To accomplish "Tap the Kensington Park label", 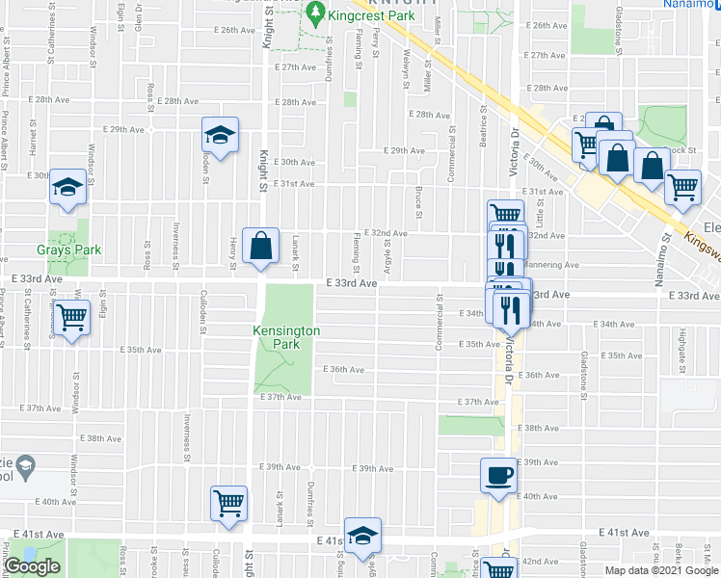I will (285, 337).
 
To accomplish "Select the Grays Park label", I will (69, 250).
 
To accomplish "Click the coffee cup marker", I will (499, 477).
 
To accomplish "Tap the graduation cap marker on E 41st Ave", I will (363, 536).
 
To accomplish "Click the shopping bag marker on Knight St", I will (260, 246).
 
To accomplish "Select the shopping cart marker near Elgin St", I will (72, 318).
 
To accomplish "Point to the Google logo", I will (32, 566).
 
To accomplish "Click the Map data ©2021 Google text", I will (660, 570).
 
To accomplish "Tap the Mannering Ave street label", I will (552, 264).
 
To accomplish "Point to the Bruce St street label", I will (418, 202).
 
